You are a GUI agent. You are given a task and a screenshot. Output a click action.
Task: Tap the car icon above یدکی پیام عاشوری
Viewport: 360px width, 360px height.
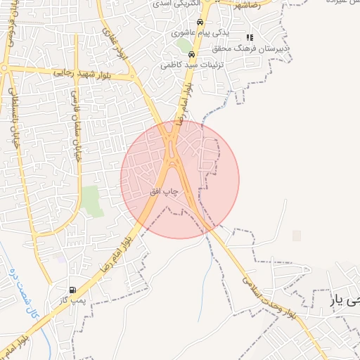pos(200,22)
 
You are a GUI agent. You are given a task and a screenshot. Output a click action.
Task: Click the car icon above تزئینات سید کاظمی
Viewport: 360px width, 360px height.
pos(191,53)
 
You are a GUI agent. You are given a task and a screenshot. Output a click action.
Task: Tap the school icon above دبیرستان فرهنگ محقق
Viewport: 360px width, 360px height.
pos(250,38)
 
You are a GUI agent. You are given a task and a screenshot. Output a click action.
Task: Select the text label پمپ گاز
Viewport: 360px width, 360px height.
pos(72,300)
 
